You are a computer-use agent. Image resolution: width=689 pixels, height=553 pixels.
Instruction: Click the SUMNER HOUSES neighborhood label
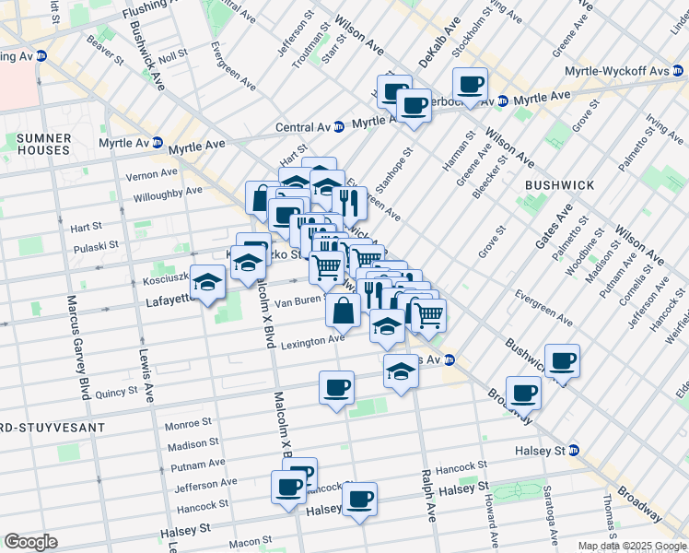tap(42, 144)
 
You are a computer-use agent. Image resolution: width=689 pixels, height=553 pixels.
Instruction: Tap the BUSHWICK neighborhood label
tap(559, 185)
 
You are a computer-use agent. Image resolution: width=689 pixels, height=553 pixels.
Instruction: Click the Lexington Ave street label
tap(313, 342)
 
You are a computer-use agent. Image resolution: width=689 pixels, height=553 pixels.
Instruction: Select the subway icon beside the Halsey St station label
tap(574, 450)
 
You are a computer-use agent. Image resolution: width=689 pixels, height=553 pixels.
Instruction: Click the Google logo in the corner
tap(30, 542)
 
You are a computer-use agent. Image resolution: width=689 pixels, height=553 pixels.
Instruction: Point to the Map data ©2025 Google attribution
tap(632, 546)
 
